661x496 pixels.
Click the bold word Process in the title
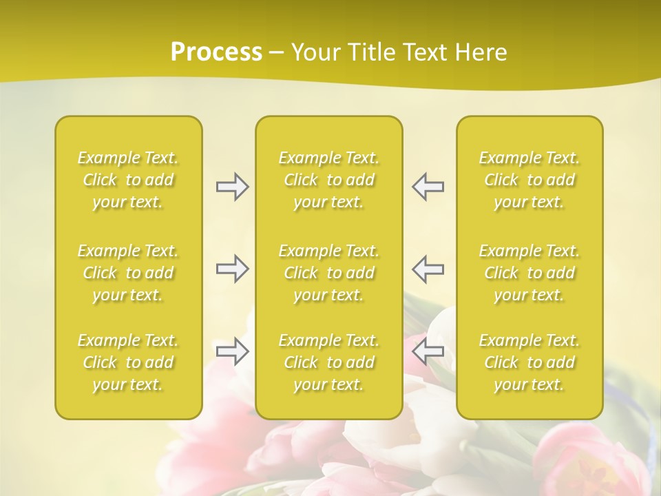click(216, 52)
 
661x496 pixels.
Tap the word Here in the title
click(481, 52)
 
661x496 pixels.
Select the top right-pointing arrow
click(232, 187)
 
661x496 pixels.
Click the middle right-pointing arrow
click(232, 269)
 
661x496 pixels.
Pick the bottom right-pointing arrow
click(232, 351)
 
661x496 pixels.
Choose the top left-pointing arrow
click(428, 187)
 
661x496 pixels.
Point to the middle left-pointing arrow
click(428, 269)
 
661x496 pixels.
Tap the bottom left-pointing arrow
click(428, 351)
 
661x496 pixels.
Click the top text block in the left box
click(128, 180)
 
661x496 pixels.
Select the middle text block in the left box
click(128, 273)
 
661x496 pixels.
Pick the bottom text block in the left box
click(128, 362)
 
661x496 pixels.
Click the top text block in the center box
click(329, 180)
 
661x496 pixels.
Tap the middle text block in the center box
click(329, 273)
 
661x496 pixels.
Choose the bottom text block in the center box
click(329, 362)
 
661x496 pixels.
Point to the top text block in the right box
click(529, 180)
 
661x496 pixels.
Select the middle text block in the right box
click(529, 273)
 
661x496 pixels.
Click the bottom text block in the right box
click(529, 362)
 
